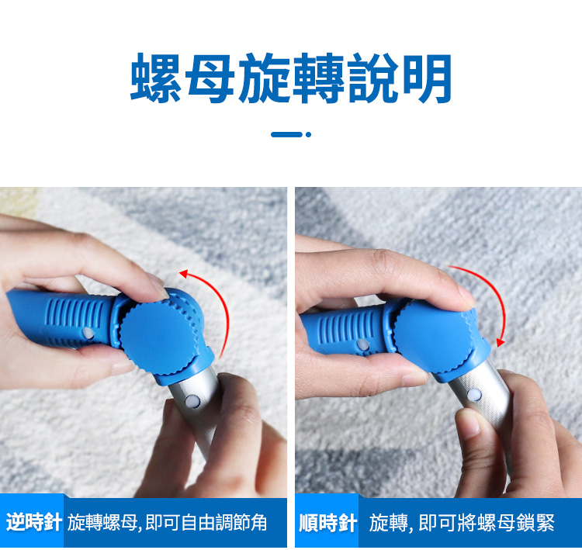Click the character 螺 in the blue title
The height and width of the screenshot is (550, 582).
tap(155, 78)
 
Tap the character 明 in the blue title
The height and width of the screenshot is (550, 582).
tap(428, 78)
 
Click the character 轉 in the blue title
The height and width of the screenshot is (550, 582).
tap(318, 78)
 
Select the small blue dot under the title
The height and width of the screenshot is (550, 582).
tap(308, 134)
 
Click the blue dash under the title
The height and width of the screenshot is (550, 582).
tap(286, 134)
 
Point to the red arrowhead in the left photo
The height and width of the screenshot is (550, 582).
tap(184, 274)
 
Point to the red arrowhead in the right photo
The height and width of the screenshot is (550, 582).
tap(501, 342)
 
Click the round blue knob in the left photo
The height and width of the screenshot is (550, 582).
tap(158, 337)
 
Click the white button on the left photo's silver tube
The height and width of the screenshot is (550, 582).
tap(192, 401)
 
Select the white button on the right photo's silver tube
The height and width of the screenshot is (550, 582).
tap(474, 394)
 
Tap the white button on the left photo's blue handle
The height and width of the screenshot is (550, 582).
tap(88, 333)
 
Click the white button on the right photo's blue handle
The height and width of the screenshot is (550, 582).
tap(362, 344)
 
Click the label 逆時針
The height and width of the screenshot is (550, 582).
tap(34, 522)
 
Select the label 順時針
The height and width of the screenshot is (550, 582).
tap(328, 523)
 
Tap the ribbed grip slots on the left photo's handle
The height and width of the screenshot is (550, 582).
tap(76, 318)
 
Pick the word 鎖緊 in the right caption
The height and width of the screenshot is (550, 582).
tap(537, 523)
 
